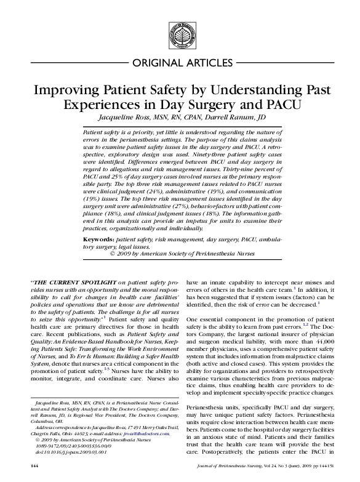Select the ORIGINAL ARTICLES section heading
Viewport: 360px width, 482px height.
click(180, 63)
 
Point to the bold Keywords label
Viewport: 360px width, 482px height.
click(98, 237)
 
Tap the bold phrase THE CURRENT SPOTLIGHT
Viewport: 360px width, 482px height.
click(71, 283)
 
